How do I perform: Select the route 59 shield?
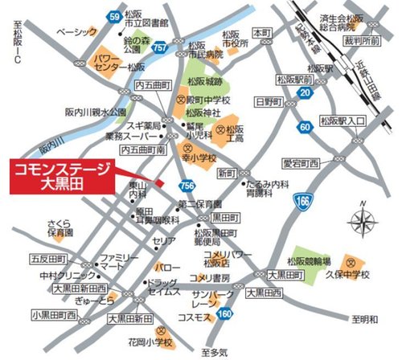(x=114, y=16)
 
